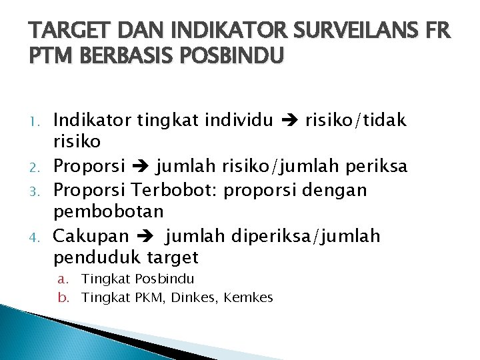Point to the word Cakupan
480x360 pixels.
[x=91, y=236]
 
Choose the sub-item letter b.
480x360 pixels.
[x=62, y=297]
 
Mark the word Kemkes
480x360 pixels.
[x=249, y=297]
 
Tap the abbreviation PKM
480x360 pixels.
[x=148, y=297]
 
